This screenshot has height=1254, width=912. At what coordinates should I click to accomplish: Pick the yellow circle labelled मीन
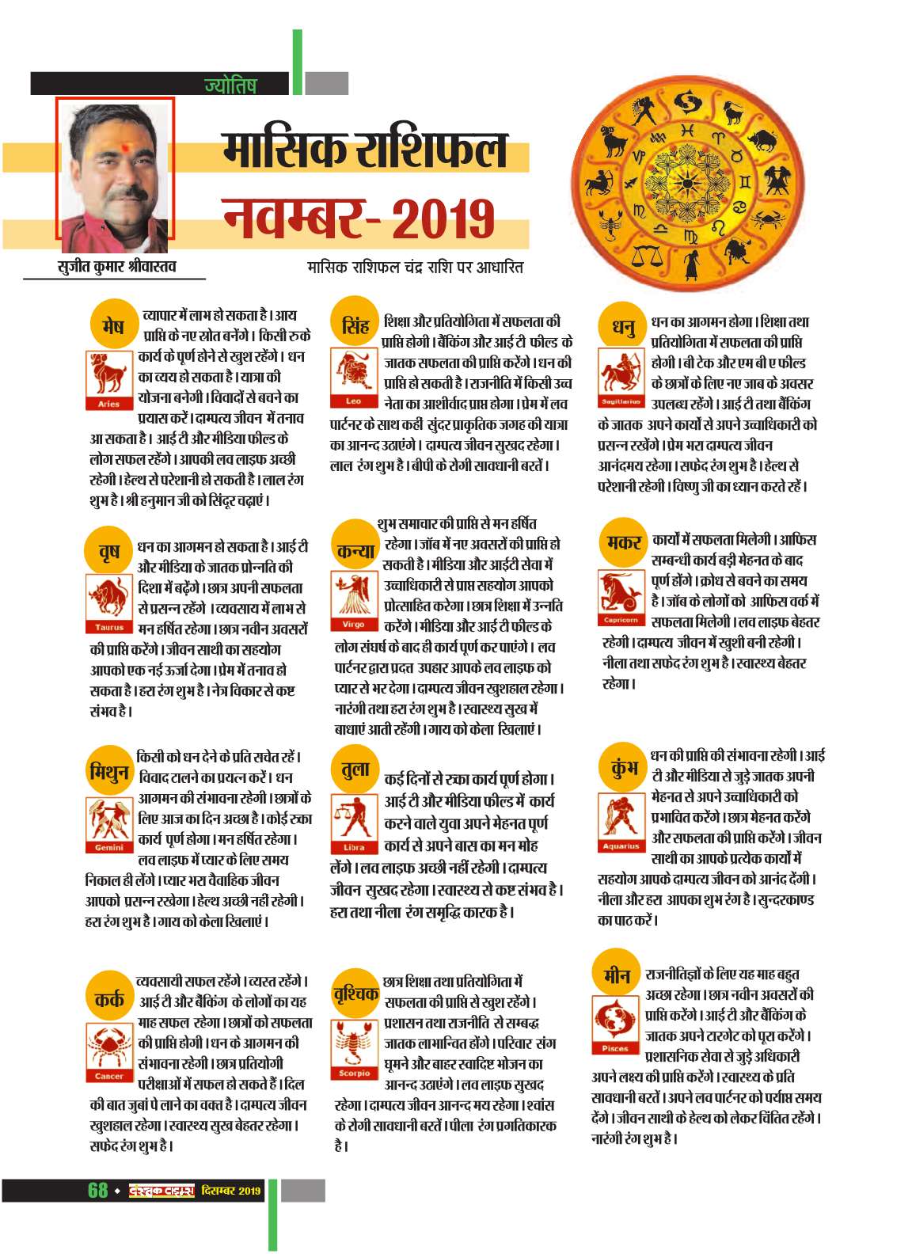pos(617,975)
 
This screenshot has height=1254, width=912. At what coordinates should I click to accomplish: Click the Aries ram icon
pos(108,378)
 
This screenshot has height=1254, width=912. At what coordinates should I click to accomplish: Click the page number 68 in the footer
pos(98,1190)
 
